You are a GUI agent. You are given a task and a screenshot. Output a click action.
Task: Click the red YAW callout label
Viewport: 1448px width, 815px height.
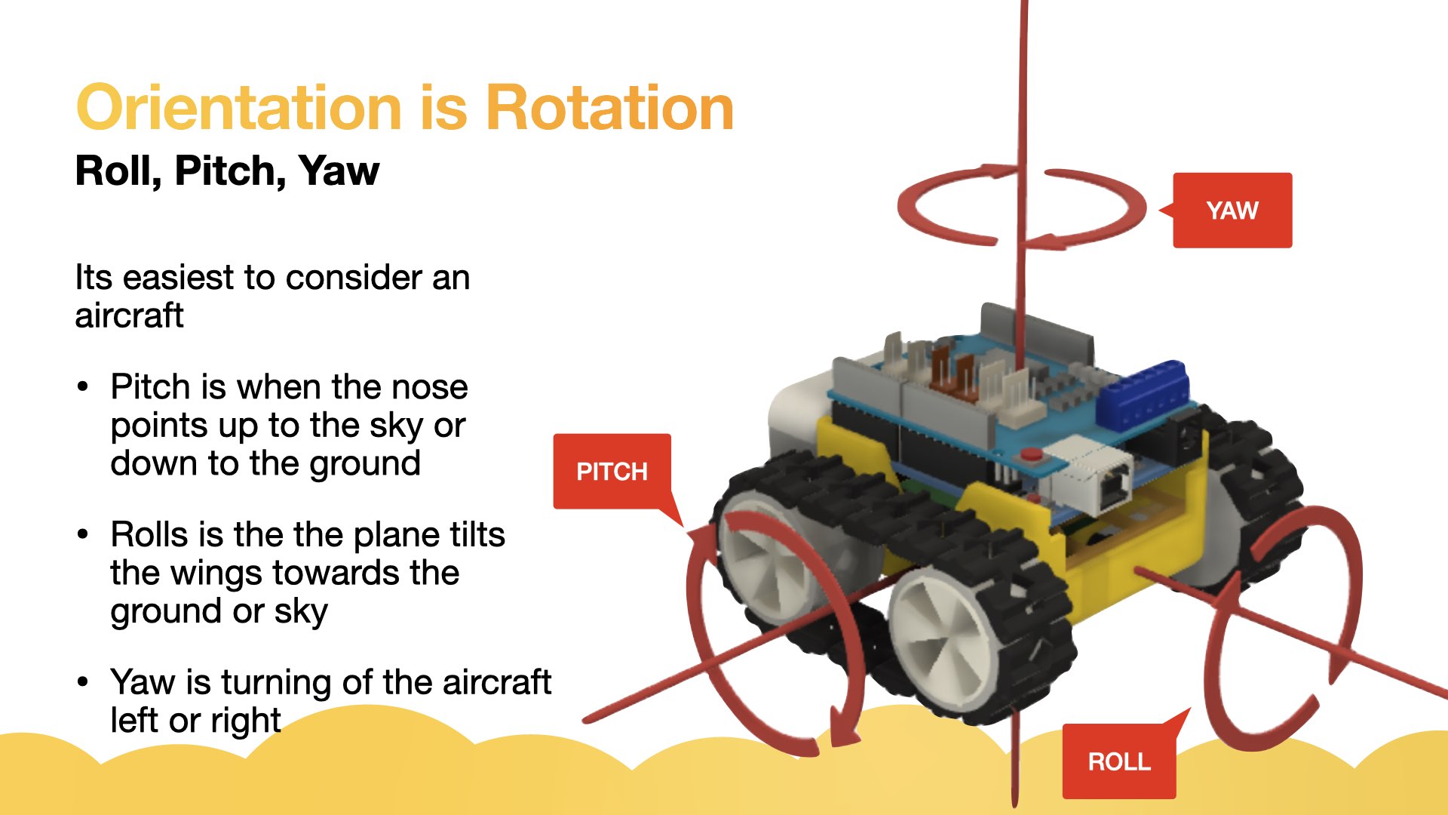pos(1232,211)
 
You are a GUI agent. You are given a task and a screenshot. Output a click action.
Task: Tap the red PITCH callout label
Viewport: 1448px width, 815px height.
pos(612,472)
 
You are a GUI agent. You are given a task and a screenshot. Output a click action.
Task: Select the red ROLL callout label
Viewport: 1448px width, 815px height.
pos(1119,761)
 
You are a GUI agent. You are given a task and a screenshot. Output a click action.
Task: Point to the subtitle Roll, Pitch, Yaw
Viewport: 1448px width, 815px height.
pos(227,171)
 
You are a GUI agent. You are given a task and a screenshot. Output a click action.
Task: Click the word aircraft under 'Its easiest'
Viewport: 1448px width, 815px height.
pos(129,315)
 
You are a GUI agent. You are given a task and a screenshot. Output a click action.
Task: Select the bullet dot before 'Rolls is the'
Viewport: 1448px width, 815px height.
pos(83,535)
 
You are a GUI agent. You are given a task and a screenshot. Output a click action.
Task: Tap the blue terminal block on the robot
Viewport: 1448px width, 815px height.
pos(1143,393)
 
